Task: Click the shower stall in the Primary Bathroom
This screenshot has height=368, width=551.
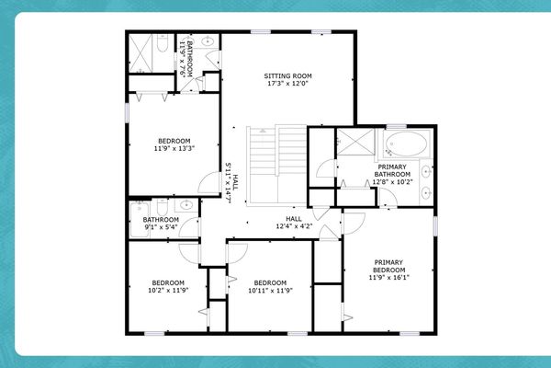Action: tap(350, 143)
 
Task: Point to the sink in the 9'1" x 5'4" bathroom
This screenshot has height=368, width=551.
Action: tap(182, 207)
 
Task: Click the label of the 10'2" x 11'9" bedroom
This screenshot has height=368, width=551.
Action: tap(169, 282)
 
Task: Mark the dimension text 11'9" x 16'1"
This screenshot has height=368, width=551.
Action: tap(388, 277)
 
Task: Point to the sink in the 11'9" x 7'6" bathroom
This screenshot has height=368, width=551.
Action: tap(208, 42)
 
